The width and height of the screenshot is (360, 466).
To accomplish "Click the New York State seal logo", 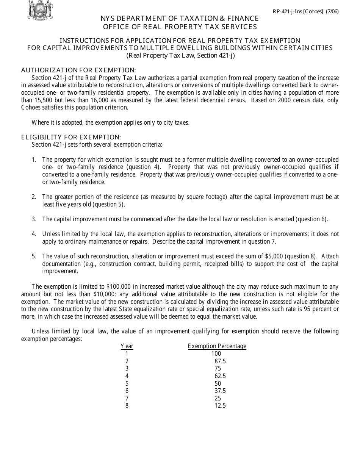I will tap(40, 10).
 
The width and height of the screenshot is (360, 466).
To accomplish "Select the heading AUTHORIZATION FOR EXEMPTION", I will tap(78, 70).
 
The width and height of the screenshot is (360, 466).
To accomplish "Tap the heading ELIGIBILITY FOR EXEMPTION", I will tap(71, 137).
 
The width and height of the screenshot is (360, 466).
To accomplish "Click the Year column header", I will tap(127, 346).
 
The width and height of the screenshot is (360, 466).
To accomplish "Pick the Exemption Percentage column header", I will tap(217, 346).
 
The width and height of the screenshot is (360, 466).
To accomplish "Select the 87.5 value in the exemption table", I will tap(220, 361).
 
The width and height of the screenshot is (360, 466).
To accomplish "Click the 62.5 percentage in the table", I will tap(220, 376).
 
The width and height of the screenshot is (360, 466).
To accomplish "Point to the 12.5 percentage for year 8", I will tap(220, 405).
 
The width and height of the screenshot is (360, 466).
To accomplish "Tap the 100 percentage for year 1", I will tap(216, 353).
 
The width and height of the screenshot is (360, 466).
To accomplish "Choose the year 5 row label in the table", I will tap(127, 383).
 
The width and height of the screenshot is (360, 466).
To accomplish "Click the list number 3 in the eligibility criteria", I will tap(34, 219).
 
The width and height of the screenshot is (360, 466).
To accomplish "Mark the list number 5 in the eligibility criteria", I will tap(34, 256).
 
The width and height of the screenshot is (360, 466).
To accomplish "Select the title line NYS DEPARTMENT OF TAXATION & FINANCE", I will tap(180, 19).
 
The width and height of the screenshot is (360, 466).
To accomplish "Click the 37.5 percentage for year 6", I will tap(220, 391).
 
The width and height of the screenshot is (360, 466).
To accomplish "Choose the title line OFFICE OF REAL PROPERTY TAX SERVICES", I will tap(180, 27).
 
